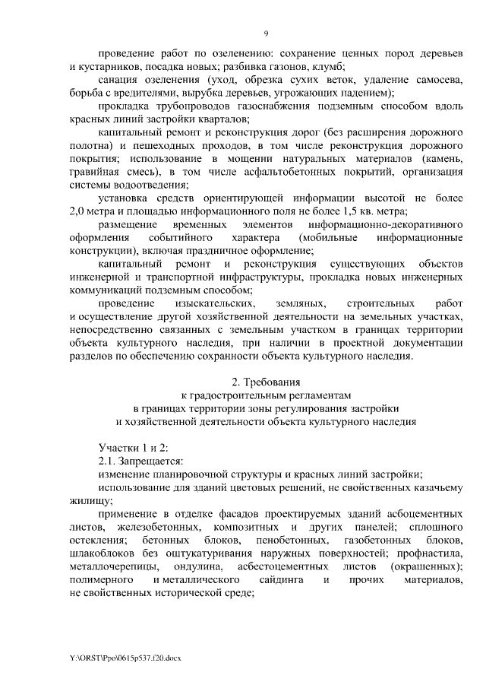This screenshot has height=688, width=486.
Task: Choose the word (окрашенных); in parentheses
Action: [423, 566]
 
